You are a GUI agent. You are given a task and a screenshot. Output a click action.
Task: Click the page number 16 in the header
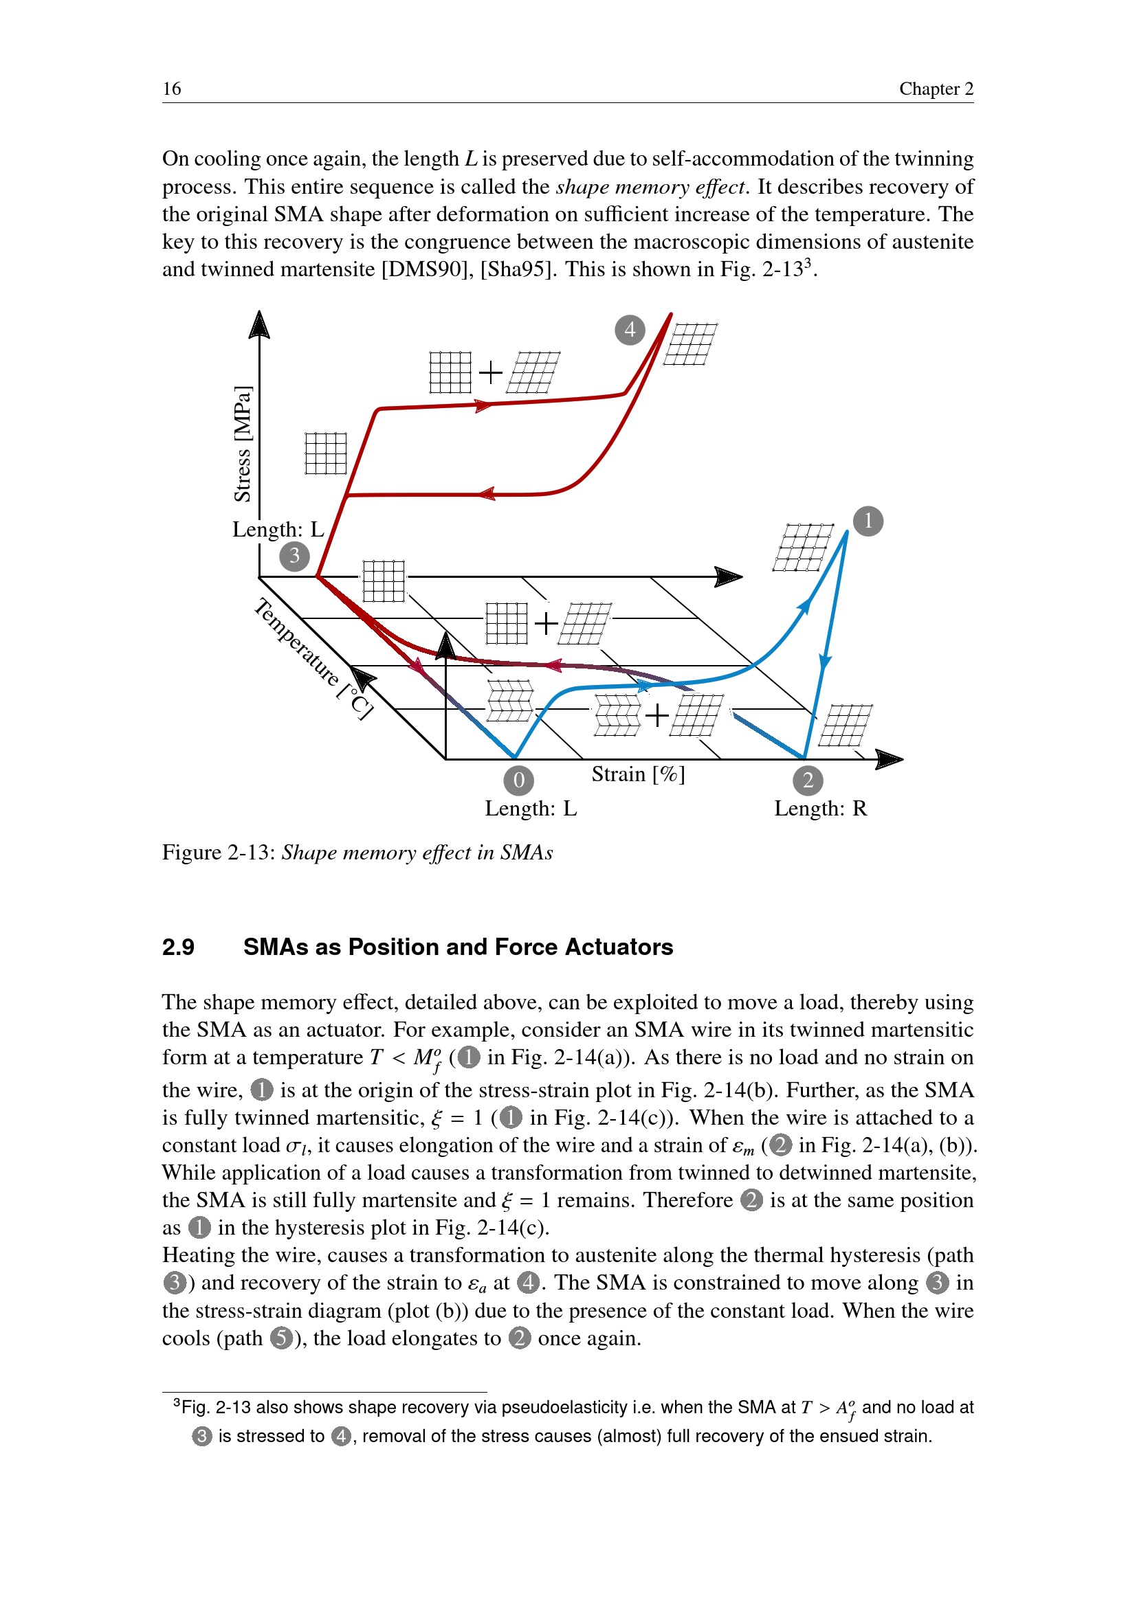(x=172, y=89)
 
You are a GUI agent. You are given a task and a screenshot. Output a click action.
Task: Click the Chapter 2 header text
(x=936, y=89)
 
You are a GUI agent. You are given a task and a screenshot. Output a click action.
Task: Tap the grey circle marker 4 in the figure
(x=630, y=329)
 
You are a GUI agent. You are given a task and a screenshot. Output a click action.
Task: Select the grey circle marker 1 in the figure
(x=868, y=521)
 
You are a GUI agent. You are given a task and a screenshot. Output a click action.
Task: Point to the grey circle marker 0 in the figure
(x=518, y=780)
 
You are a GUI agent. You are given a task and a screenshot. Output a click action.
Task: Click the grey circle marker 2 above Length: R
(x=807, y=780)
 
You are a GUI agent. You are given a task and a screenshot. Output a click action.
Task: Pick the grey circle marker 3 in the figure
(x=294, y=557)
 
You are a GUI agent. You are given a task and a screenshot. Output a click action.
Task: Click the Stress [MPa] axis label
(x=242, y=443)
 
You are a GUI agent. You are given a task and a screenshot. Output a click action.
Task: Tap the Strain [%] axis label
(x=638, y=774)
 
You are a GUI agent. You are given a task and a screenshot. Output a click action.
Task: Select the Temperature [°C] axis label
(x=313, y=658)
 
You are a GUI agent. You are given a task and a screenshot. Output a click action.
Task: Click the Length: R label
(x=820, y=809)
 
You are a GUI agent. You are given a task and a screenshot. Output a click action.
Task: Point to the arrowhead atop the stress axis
(x=259, y=325)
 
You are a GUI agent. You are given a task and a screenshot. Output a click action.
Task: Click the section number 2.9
(x=178, y=947)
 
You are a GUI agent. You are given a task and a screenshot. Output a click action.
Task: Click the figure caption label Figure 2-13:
(x=219, y=853)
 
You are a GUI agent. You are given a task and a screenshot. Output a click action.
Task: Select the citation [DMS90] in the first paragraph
(x=427, y=269)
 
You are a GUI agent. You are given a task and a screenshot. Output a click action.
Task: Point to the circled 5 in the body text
(x=280, y=1338)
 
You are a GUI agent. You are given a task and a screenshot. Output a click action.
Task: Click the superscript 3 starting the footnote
(x=177, y=1404)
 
